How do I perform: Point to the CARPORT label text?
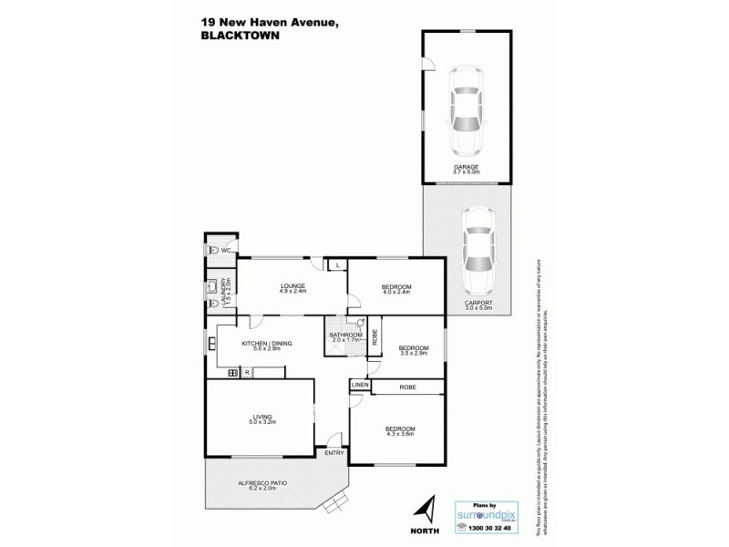[x=477, y=303]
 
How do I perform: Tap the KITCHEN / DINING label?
[x=266, y=344]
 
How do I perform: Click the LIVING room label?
[x=262, y=417]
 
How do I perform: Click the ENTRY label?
[x=335, y=452]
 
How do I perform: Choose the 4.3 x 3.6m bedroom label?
[x=400, y=428]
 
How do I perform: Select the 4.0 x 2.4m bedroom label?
[x=396, y=286]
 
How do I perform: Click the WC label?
[x=223, y=249]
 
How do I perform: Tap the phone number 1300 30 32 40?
[x=488, y=528]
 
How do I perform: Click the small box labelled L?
[x=337, y=264]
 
